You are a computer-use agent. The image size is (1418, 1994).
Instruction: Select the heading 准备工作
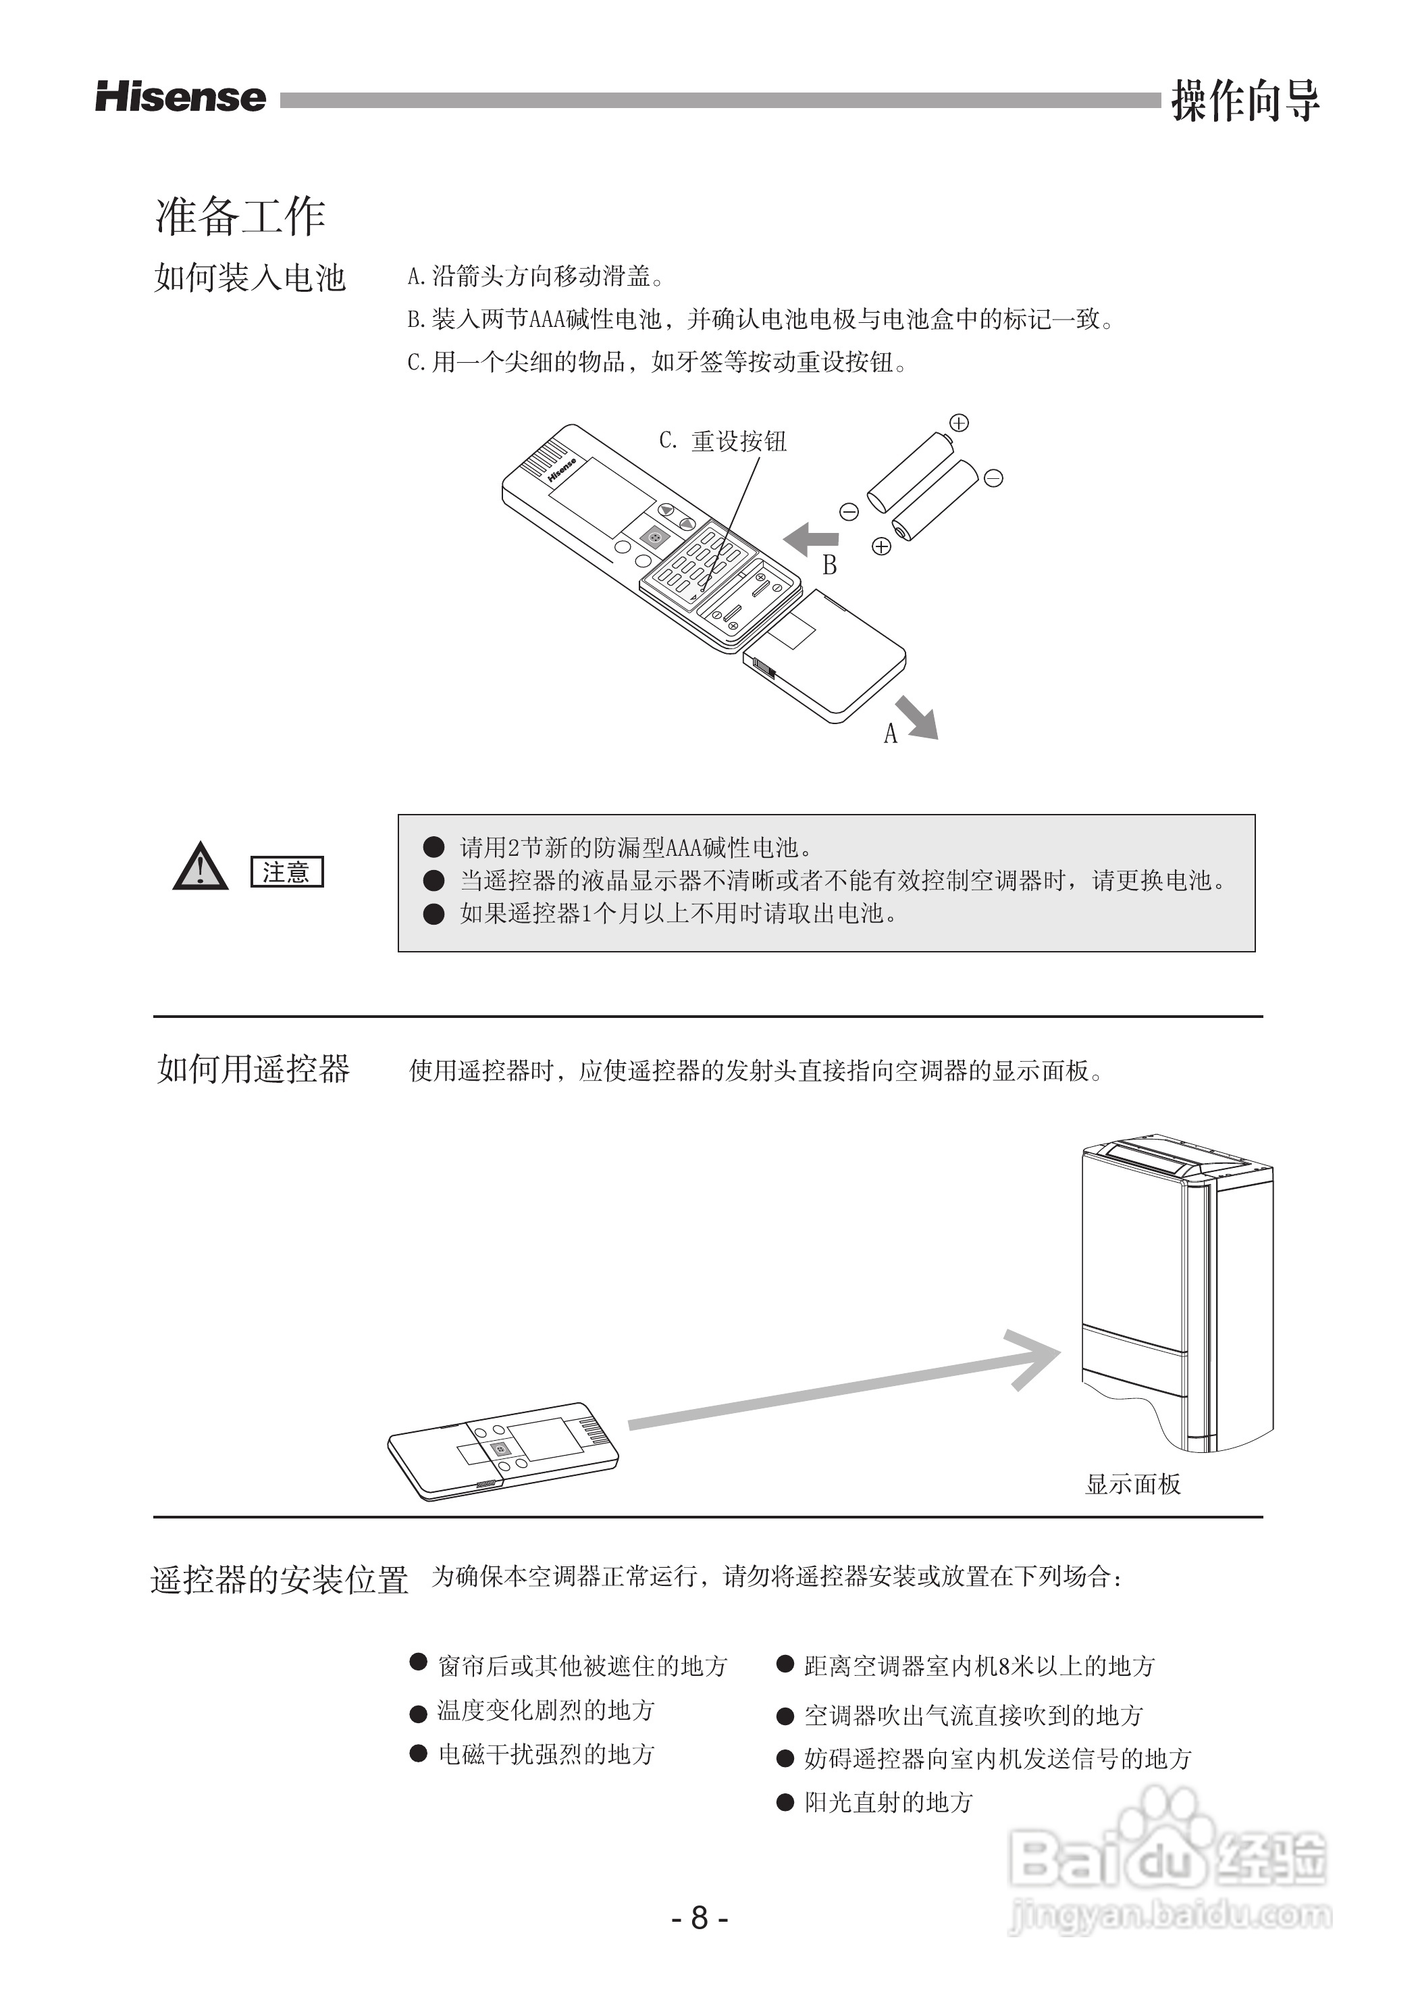click(x=240, y=215)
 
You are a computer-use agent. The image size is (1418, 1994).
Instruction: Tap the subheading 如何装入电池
click(x=251, y=278)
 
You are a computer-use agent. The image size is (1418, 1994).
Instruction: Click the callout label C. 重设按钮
click(x=723, y=441)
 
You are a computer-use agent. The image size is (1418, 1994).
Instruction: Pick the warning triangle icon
click(x=200, y=867)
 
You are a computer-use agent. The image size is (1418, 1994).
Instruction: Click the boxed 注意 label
click(x=286, y=871)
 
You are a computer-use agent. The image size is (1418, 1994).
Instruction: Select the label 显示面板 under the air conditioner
click(x=1132, y=1484)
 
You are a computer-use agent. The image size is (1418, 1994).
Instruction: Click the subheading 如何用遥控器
click(x=253, y=1069)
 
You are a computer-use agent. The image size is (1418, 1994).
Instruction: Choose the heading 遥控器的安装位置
click(x=280, y=1579)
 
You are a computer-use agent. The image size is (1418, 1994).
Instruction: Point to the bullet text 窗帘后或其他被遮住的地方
click(x=582, y=1666)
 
